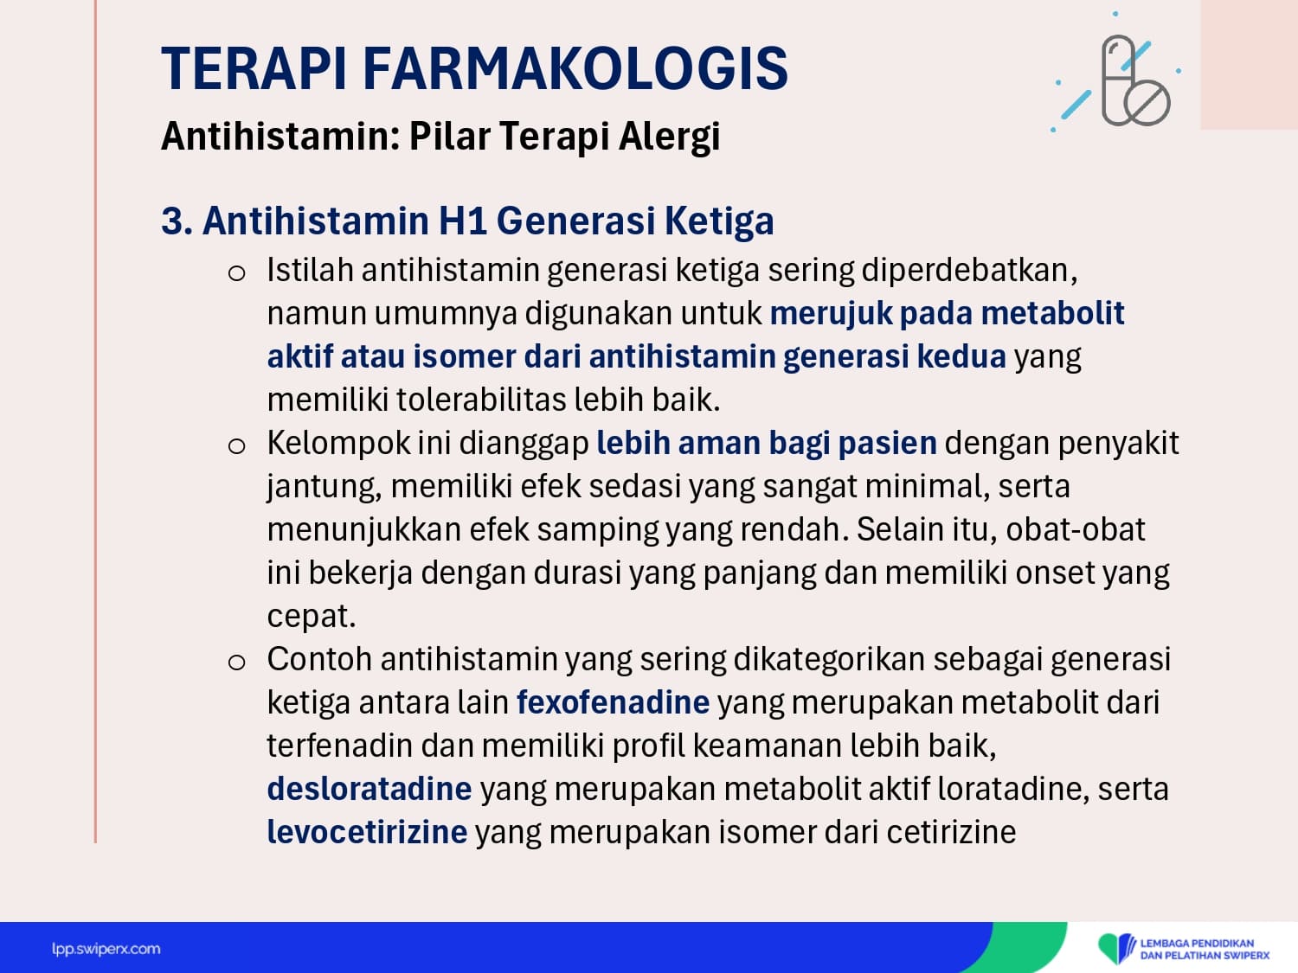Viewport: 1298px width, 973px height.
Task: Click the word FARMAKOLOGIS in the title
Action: click(x=575, y=69)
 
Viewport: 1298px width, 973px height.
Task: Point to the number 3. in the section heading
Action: click(x=177, y=221)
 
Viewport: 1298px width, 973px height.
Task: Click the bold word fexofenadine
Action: click(x=614, y=701)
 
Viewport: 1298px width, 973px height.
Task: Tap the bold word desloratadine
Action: click(x=369, y=788)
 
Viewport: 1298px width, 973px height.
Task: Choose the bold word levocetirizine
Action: click(x=367, y=831)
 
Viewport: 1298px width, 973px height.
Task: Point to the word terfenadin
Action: click(x=340, y=745)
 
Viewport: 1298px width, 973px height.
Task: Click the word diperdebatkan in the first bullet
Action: click(x=969, y=270)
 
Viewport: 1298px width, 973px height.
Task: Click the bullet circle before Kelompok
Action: click(x=236, y=446)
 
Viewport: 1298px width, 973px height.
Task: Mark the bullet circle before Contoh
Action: click(x=236, y=663)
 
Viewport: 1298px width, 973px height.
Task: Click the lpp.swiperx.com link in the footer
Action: click(x=106, y=949)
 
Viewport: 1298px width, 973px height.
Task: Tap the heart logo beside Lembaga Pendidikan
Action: click(x=1116, y=948)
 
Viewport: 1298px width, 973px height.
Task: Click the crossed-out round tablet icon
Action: click(x=1147, y=103)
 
